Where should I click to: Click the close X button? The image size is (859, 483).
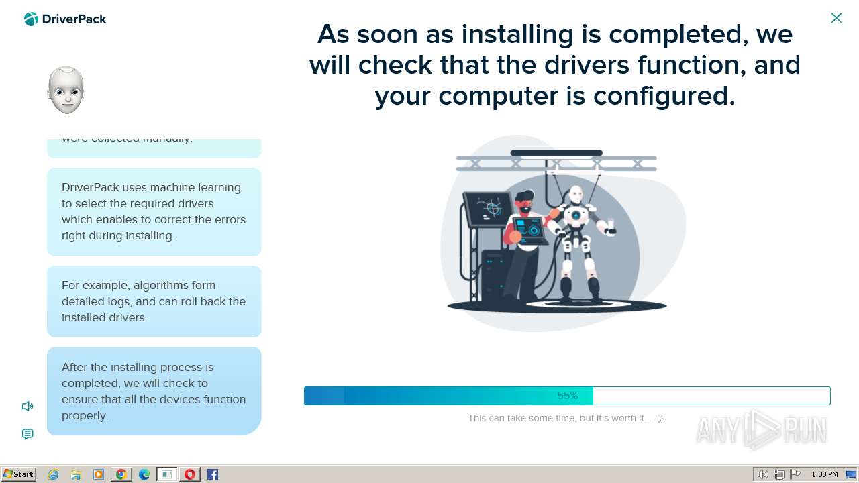tap(836, 18)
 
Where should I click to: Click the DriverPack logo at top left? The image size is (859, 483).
tap(65, 19)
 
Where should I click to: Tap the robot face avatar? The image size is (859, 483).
tap(66, 91)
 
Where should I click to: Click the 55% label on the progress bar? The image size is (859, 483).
tap(568, 396)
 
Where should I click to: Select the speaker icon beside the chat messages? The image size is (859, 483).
tap(28, 406)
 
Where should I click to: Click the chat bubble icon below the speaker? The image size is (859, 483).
tap(28, 434)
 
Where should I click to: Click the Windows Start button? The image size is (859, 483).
tap(18, 474)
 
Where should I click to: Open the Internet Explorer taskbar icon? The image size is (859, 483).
tap(53, 474)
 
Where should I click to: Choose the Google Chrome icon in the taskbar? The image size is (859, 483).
tap(121, 474)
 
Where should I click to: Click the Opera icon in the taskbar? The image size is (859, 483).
tap(190, 474)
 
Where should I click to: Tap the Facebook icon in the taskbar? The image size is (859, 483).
tap(213, 474)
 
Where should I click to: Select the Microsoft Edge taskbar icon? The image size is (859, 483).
tap(144, 474)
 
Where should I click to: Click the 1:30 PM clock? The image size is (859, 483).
tap(825, 474)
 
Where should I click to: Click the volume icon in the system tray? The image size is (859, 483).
tap(762, 474)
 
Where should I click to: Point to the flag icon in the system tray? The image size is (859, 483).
tap(795, 474)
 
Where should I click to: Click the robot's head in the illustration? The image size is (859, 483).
tap(576, 195)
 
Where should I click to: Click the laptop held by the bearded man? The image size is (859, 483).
tap(530, 228)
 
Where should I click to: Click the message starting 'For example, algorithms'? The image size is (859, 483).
tap(154, 301)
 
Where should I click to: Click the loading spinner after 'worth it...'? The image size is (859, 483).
tap(660, 418)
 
